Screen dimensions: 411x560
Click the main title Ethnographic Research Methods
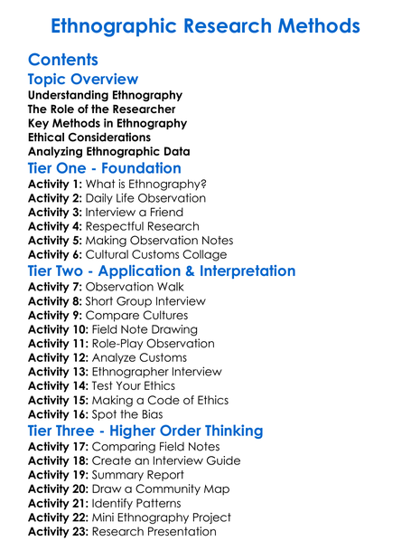205,26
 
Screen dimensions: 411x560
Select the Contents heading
63,61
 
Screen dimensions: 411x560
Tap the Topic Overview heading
83,81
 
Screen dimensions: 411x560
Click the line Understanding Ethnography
105,95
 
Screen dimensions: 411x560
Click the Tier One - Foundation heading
104,168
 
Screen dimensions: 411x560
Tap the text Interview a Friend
136,213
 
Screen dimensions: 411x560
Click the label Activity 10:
59,330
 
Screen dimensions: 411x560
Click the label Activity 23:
59,532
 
